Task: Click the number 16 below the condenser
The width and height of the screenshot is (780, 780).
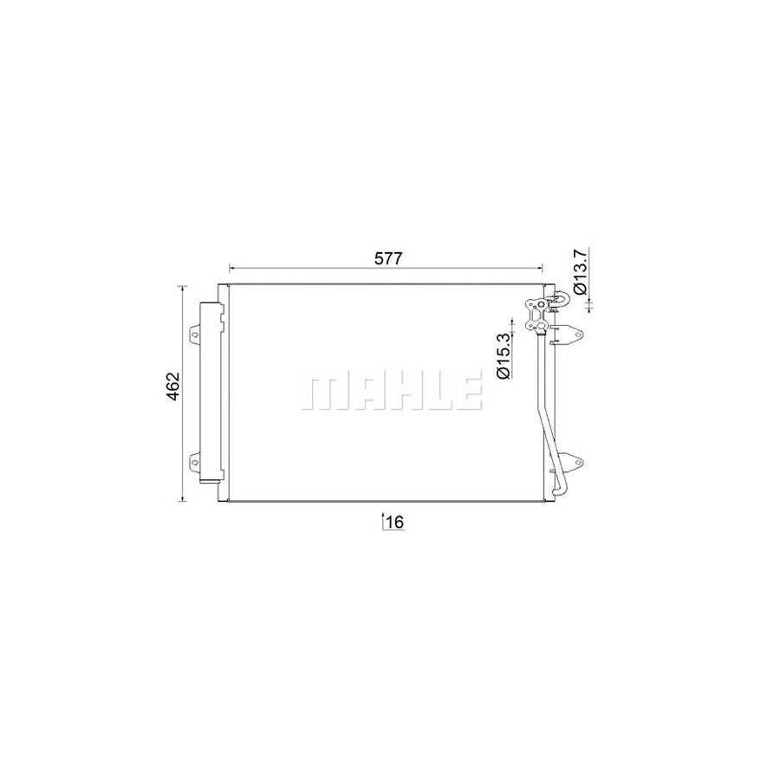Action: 395,522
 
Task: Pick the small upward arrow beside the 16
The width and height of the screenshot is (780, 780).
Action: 383,520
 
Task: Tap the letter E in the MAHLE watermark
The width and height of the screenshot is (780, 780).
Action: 466,393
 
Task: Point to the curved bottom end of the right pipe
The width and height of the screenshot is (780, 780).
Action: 556,491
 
